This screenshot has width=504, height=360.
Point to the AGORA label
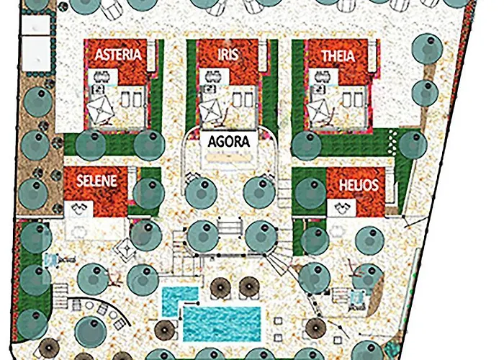pyautogui.click(x=228, y=141)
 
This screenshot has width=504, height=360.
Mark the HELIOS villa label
pyautogui.click(x=358, y=185)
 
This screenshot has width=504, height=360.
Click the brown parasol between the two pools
pyautogui.click(x=220, y=289)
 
